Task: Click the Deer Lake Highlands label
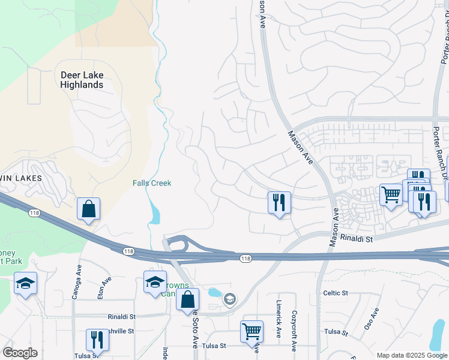click(82, 80)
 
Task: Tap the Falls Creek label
click(152, 183)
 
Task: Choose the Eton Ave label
click(106, 283)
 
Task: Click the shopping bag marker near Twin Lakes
click(88, 209)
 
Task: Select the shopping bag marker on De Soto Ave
click(188, 299)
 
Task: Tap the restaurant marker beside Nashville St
click(97, 340)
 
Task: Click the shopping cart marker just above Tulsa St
click(252, 331)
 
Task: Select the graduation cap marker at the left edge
click(25, 283)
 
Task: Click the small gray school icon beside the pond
click(229, 298)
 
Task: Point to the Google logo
click(20, 353)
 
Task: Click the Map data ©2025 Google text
click(411, 355)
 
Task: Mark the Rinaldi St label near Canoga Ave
click(121, 316)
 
